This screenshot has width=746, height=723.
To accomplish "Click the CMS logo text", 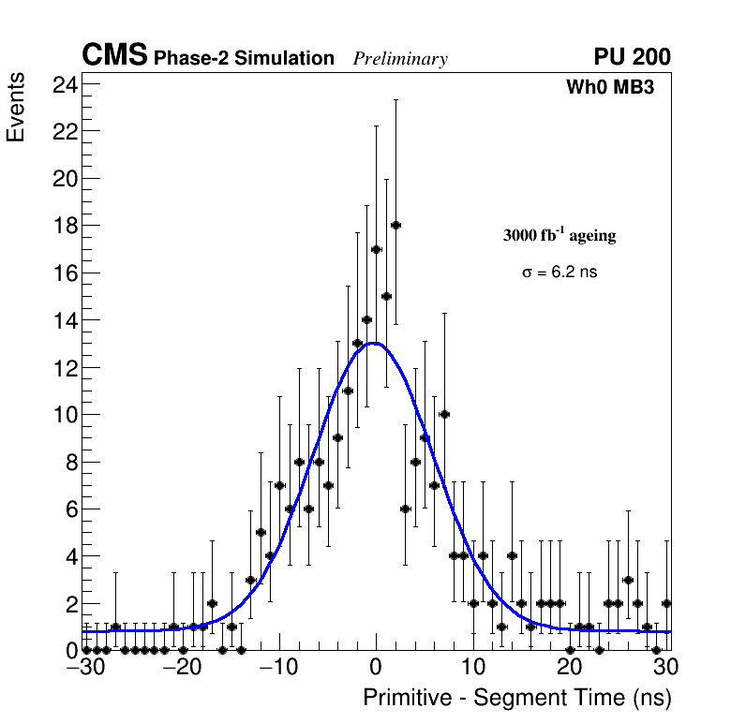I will pyautogui.click(x=114, y=56).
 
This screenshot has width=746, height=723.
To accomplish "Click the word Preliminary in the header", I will pyautogui.click(x=400, y=59).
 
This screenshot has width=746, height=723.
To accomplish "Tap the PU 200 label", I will pyautogui.click(x=632, y=57).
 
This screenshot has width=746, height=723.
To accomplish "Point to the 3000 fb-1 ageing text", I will pyautogui.click(x=559, y=235).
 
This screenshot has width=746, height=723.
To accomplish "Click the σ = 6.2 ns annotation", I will pyautogui.click(x=559, y=273).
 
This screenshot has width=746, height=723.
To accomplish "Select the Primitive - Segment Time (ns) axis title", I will pyautogui.click(x=517, y=698).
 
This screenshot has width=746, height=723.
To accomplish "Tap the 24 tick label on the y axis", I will pyautogui.click(x=65, y=84).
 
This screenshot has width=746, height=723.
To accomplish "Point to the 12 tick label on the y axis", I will pyautogui.click(x=65, y=368).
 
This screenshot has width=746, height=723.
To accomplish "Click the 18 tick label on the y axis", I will pyautogui.click(x=65, y=226).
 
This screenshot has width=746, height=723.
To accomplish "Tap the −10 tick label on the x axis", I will pyautogui.click(x=277, y=668).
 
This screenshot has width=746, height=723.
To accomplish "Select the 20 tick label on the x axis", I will pyautogui.click(x=569, y=668).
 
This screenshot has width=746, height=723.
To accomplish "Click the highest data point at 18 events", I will pyautogui.click(x=395, y=225).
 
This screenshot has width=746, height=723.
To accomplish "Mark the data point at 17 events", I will pyautogui.click(x=376, y=249).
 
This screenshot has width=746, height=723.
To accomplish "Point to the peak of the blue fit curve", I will pyautogui.click(x=374, y=343).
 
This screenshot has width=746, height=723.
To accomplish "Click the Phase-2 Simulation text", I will pyautogui.click(x=244, y=59).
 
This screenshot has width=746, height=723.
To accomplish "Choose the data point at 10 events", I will pyautogui.click(x=444, y=414).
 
